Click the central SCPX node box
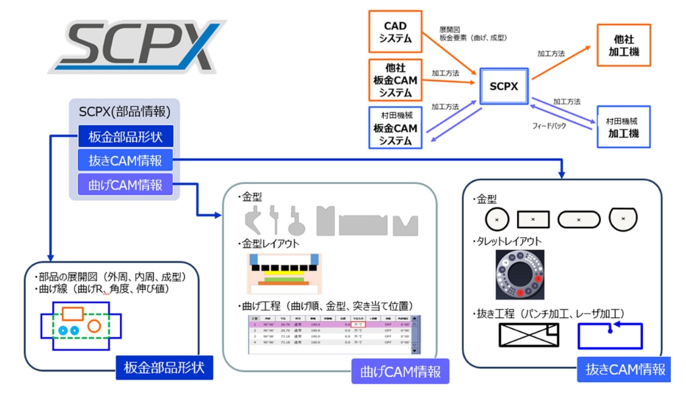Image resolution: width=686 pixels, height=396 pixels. [504, 86]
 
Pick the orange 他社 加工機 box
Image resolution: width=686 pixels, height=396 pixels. [623, 44]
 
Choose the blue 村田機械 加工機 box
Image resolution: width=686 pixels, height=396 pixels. [623, 126]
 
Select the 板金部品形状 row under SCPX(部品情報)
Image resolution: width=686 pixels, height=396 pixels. [125, 137]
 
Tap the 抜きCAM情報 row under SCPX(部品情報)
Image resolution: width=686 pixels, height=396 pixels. [125, 161]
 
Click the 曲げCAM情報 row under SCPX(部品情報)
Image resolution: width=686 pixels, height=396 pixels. [125, 185]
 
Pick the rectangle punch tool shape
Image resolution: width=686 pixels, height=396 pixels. [533, 218]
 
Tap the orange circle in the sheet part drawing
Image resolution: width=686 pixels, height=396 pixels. [94, 325]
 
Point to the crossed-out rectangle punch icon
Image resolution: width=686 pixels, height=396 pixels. [526, 336]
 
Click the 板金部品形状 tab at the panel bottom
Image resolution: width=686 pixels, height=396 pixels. [164, 368]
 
